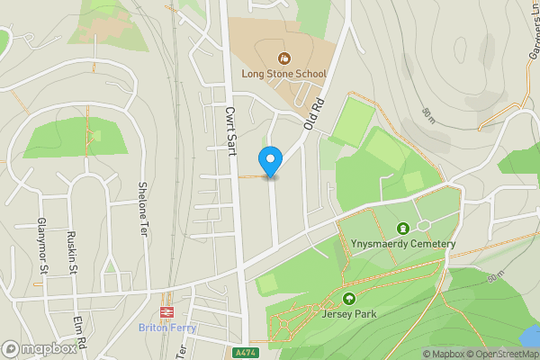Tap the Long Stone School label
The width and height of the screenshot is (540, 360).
[x=279, y=74]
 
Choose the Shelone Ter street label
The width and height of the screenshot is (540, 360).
[x=142, y=209]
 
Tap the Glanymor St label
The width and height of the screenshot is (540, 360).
[x=41, y=246]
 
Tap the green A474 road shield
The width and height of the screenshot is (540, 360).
[x=240, y=352]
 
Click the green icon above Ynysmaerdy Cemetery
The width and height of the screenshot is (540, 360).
[x=401, y=229]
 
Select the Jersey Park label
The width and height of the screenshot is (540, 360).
[x=348, y=314]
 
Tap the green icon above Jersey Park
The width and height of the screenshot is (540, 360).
[x=348, y=299]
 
